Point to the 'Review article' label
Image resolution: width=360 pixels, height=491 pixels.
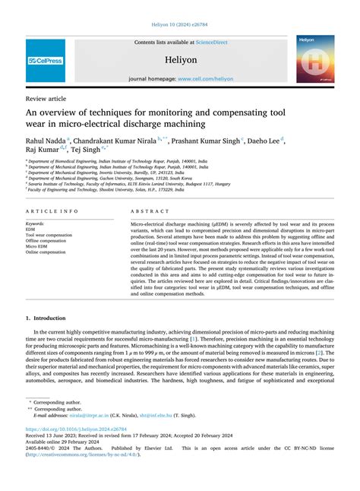point(46,99)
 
